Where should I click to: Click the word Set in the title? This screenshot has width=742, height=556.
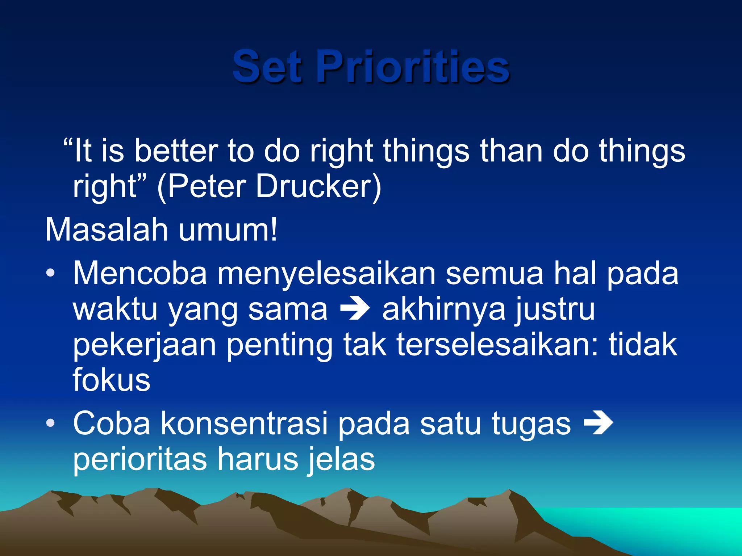pyautogui.click(x=267, y=67)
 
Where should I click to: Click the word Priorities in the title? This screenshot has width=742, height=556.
pyautogui.click(x=413, y=67)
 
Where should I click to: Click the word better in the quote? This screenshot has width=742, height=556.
pyautogui.click(x=176, y=151)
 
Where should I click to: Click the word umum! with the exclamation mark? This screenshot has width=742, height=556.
pyautogui.click(x=228, y=230)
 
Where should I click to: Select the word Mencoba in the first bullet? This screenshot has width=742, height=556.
pyautogui.click(x=140, y=273)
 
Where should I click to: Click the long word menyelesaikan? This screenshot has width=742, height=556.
pyautogui.click(x=326, y=273)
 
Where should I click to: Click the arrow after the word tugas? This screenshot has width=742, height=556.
pyautogui.click(x=598, y=423)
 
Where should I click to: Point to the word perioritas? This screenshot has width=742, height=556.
pyautogui.click(x=140, y=459)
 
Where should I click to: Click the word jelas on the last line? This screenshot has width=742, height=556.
pyautogui.click(x=342, y=459)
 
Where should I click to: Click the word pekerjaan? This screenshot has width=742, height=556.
pyautogui.click(x=145, y=346)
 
